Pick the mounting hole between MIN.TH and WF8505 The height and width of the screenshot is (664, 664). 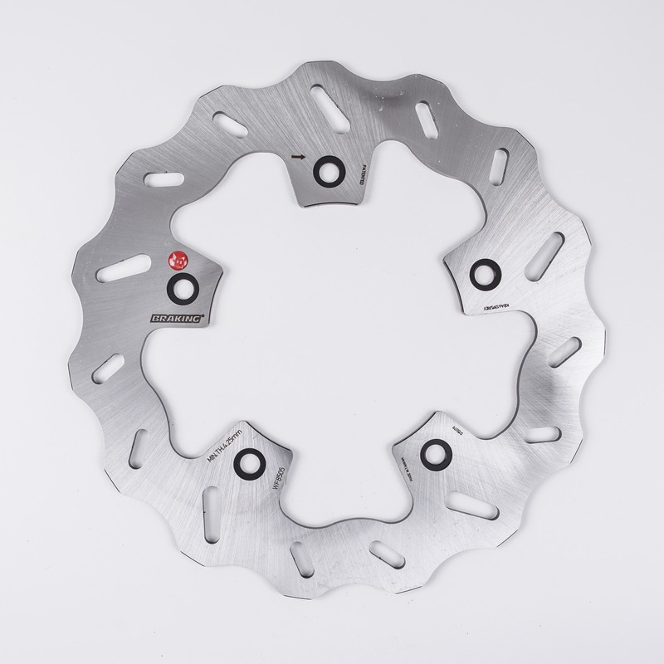[251, 463]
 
